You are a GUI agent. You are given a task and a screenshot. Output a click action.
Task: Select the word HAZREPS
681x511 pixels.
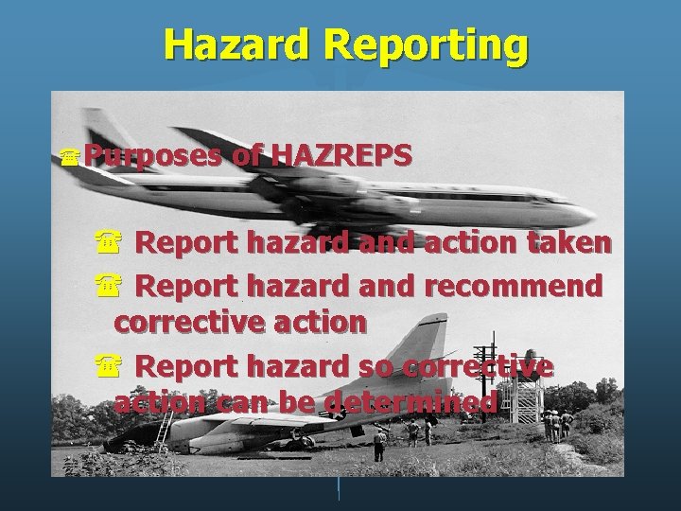(x=342, y=154)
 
